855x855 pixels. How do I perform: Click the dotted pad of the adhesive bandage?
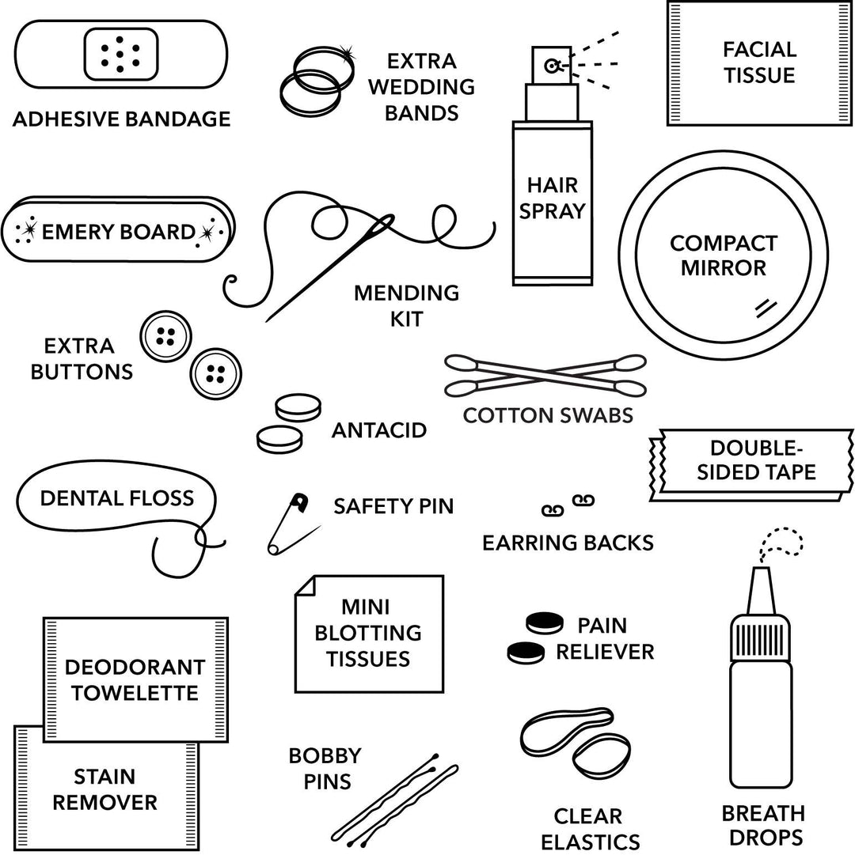coord(120,54)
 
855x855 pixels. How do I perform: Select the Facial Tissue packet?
coord(758,62)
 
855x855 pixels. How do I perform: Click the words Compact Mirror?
coord(723,255)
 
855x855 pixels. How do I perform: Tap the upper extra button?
coord(165,336)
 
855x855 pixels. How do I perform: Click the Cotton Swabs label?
coord(548,415)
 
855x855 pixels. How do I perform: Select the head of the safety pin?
coord(299,501)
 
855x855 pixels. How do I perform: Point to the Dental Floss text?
coord(116,498)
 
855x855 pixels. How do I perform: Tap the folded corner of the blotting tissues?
coord(305,586)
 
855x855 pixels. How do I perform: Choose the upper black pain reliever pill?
coord(545,622)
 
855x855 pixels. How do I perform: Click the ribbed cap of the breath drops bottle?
coord(759,637)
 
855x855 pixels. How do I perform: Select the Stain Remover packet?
coord(104,789)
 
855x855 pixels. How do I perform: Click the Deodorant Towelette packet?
coord(135,679)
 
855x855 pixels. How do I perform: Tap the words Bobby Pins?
coord(325,769)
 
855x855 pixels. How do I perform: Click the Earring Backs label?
coord(568,543)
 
